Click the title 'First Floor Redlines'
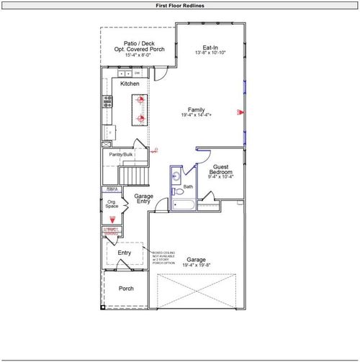[x=180, y=5]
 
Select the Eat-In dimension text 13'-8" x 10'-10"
[x=211, y=53]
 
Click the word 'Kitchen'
[x=130, y=83]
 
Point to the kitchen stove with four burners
[x=107, y=101]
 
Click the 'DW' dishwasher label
[x=137, y=73]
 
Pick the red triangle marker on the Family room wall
[x=241, y=112]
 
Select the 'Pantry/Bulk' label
[x=120, y=155]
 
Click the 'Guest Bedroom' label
[x=220, y=170]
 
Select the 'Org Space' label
[x=112, y=204]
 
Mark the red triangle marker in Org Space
[x=112, y=222]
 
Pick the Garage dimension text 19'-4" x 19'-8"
[x=197, y=266]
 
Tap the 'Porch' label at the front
[x=125, y=288]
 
